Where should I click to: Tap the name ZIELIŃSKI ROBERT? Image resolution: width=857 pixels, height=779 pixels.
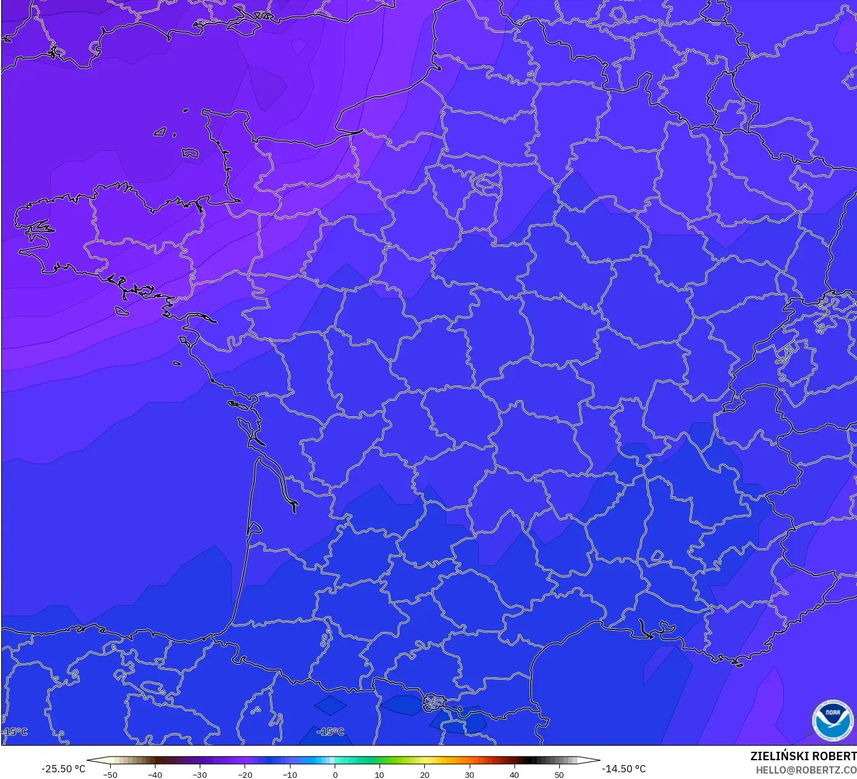803,756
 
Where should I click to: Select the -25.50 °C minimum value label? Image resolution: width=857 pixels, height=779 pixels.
63,769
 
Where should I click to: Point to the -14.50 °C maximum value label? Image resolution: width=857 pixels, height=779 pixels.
623,769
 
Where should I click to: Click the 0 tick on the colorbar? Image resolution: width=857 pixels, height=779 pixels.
335,775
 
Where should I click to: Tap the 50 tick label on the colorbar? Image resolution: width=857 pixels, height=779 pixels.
559,775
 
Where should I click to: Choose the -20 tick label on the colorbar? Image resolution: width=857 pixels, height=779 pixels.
245,775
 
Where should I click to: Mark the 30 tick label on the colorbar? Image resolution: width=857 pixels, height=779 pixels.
469,775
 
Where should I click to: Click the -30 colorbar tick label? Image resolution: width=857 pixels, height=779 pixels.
200,775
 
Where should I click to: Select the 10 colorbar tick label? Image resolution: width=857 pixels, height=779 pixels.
379,775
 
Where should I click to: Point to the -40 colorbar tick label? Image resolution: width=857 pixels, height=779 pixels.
155,775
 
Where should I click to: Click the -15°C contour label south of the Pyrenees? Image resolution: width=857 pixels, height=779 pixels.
331,732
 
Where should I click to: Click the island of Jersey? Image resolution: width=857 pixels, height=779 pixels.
190,153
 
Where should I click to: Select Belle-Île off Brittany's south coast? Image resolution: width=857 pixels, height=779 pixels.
122,311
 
